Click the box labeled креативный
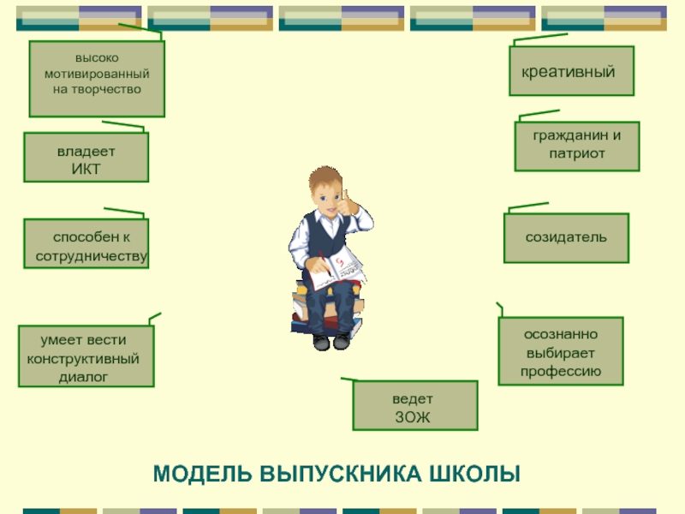pos(571,71)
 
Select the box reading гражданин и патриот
pos(577,146)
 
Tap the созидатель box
pos(566,238)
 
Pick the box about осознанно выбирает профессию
pos(561,351)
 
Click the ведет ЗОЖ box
pos(415,405)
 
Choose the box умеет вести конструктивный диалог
pos(86,356)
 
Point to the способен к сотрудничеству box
pos(86,243)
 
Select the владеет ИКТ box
pos(86,158)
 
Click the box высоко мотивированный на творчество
pos(97,79)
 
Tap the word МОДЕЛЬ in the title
pos(202,474)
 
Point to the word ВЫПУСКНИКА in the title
pos(341,474)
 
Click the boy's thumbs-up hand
pos(349,204)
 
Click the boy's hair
pos(325,177)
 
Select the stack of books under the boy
pos(327,308)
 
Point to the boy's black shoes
pos(331,341)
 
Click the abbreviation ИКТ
pos(86,169)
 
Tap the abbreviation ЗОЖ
pos(413,417)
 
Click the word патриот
pos(577,153)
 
